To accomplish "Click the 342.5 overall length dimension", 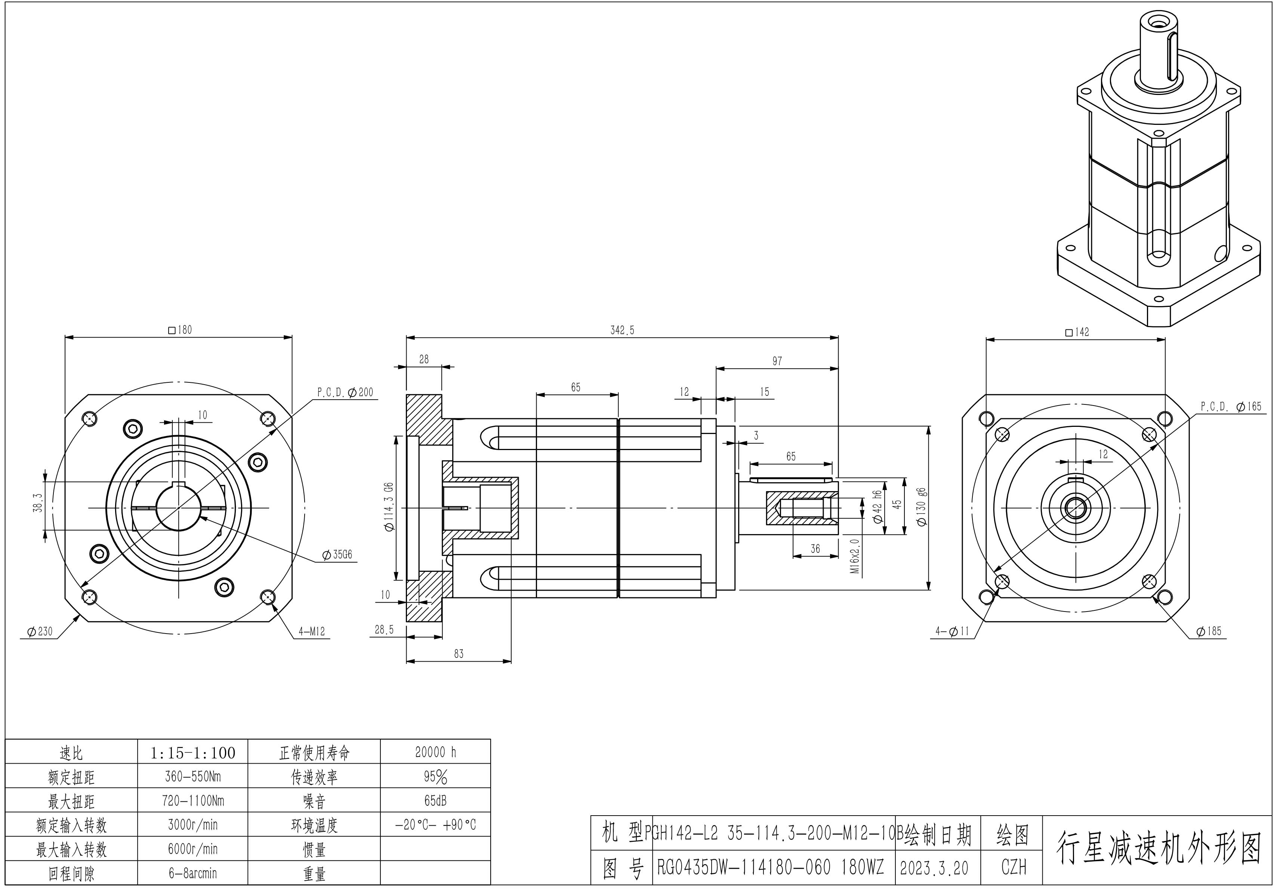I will pos(622,330).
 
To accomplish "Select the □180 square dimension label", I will pos(180,330).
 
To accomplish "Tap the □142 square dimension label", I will pos(1077,332).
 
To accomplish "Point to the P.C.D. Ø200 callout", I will pos(345,392).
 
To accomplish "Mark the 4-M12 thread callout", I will pos(311,631).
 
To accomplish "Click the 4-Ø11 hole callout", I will pos(952,631).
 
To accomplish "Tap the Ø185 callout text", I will pos(1209,631).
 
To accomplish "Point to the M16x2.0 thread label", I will pos(855,555).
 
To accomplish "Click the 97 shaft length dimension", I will pos(777,361).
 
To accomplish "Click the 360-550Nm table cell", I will pos(192,776).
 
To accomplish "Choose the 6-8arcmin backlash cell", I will pos(192,873).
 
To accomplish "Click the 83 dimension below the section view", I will pos(458,654).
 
